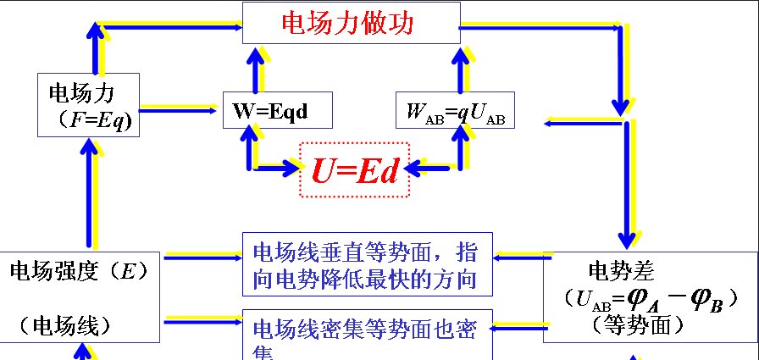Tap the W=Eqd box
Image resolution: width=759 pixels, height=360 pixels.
pos(276,110)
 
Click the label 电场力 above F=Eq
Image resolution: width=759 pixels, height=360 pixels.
pos(81,92)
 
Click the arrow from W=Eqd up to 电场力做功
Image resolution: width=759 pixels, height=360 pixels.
pos(252,67)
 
